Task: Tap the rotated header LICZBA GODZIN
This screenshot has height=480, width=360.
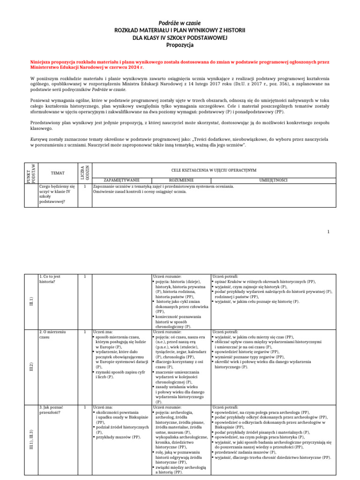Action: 84,172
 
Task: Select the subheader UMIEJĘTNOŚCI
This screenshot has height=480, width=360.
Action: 273,180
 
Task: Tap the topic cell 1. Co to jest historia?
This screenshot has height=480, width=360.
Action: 50,279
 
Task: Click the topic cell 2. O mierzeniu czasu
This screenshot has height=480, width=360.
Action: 52,334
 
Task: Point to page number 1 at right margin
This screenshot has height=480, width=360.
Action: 329,232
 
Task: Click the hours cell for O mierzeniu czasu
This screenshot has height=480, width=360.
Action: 84,332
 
